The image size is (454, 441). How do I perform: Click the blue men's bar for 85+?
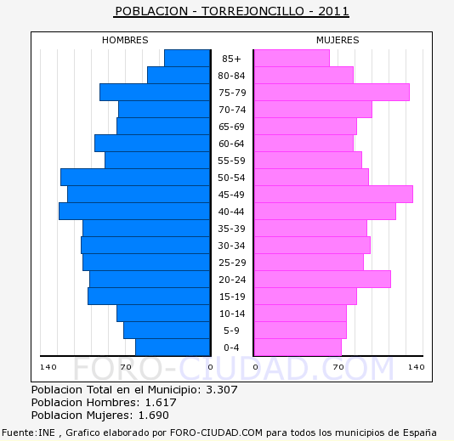point(187,58)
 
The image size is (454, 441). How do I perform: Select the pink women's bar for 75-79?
point(332,93)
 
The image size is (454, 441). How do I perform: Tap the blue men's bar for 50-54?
point(135,177)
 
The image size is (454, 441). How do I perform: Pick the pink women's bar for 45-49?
point(333,195)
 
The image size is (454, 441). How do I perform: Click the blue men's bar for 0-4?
point(173,348)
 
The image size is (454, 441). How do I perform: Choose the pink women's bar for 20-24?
point(322,280)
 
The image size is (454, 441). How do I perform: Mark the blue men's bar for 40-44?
point(134,212)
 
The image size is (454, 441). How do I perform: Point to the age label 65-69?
point(231,127)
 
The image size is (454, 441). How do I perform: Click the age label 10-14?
point(232,314)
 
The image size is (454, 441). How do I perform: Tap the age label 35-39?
point(231,229)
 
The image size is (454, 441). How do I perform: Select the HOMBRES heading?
point(125,40)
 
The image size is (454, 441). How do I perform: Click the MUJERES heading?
point(338,40)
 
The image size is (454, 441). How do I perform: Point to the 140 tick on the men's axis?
point(48,367)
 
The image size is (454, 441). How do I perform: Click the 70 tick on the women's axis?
point(338,367)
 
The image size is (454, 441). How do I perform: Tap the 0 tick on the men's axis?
point(211,367)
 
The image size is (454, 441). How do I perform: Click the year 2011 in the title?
point(333,11)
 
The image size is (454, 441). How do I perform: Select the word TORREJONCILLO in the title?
point(253,11)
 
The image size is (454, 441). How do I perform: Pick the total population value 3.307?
point(222,390)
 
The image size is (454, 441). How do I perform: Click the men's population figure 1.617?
point(161,403)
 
